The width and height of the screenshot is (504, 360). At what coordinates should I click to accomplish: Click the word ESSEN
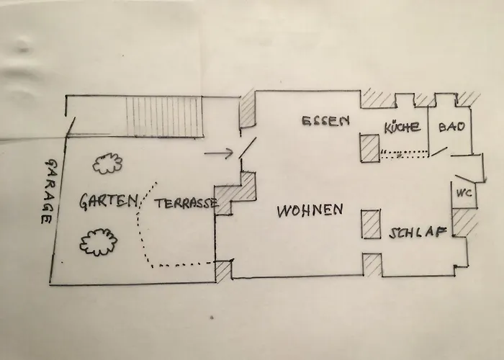(x=325, y=121)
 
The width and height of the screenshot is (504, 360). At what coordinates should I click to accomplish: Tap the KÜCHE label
(x=402, y=127)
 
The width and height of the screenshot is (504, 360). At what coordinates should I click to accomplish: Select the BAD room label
(x=451, y=127)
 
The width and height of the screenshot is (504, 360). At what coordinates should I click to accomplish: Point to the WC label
(x=464, y=193)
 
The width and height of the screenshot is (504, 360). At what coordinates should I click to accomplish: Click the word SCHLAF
(x=418, y=233)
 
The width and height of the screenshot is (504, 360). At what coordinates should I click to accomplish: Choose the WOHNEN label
(x=310, y=210)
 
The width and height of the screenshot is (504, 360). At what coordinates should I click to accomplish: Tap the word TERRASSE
(x=186, y=204)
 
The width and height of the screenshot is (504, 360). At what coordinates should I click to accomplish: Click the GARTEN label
(x=109, y=201)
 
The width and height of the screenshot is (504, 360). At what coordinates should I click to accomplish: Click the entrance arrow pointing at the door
(x=219, y=153)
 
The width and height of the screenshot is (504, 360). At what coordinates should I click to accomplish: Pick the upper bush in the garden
(x=107, y=163)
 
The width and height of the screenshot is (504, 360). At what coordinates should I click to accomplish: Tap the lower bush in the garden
(x=99, y=242)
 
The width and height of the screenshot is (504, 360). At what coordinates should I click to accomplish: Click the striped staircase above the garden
(x=164, y=117)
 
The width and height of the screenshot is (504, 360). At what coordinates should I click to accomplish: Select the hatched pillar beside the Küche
(x=370, y=148)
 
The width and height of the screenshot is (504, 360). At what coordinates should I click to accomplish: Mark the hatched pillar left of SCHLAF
(x=372, y=225)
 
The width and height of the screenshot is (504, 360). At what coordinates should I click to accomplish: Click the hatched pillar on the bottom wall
(x=372, y=264)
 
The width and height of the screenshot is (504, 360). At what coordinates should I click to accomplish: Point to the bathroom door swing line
(x=439, y=152)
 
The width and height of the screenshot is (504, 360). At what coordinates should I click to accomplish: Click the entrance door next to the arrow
(x=248, y=148)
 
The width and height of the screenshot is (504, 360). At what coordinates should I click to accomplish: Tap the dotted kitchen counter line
(x=405, y=154)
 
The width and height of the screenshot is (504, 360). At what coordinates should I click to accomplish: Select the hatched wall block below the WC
(x=464, y=222)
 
